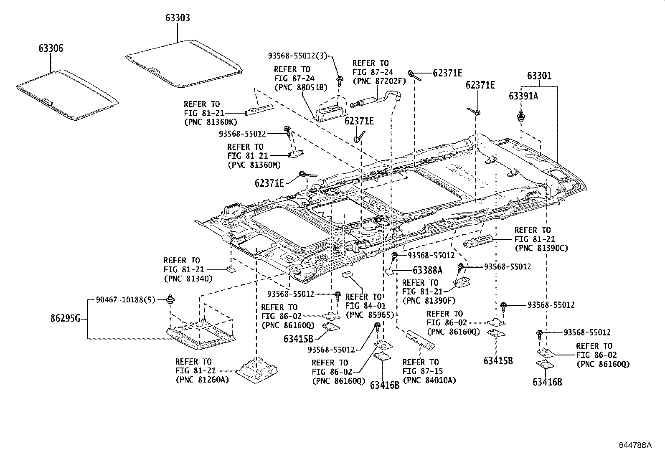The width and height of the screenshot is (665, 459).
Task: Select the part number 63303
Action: tap(178, 18)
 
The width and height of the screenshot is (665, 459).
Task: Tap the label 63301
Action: tap(539, 76)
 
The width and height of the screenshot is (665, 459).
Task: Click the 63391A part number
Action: tap(523, 96)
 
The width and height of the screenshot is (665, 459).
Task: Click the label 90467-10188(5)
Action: tap(125, 299)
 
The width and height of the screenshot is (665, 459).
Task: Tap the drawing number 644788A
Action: tap(635, 445)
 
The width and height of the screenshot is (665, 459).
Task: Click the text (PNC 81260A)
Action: tap(202, 380)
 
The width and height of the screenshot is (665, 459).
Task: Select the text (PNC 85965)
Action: tap(370, 315)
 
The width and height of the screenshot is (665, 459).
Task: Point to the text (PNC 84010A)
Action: tap(429, 380)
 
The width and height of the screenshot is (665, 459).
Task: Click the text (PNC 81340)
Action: tap(188, 279)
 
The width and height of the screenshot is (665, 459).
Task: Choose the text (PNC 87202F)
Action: tap(379, 81)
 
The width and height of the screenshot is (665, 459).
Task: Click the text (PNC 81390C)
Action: tap(541, 248)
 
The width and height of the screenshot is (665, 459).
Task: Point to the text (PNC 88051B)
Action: tap(300, 87)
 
